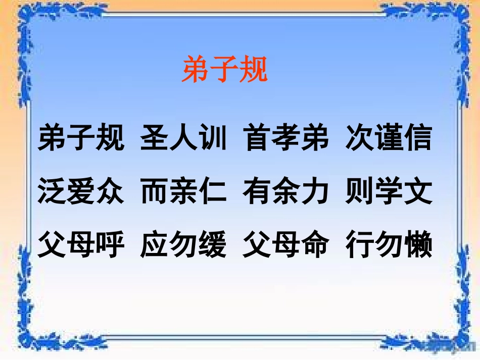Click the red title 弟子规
(x=224, y=70)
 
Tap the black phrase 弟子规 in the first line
(x=81, y=138)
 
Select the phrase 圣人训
(x=184, y=138)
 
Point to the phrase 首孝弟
(x=286, y=138)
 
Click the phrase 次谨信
(x=389, y=138)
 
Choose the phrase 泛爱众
(x=81, y=192)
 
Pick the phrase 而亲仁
(x=184, y=192)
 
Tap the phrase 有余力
(x=286, y=192)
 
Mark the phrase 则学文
(x=389, y=192)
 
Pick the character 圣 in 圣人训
(x=155, y=138)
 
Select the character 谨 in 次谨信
(x=389, y=138)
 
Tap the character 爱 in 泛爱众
(x=81, y=192)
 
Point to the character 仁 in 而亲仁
(x=213, y=192)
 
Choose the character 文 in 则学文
(x=418, y=192)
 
